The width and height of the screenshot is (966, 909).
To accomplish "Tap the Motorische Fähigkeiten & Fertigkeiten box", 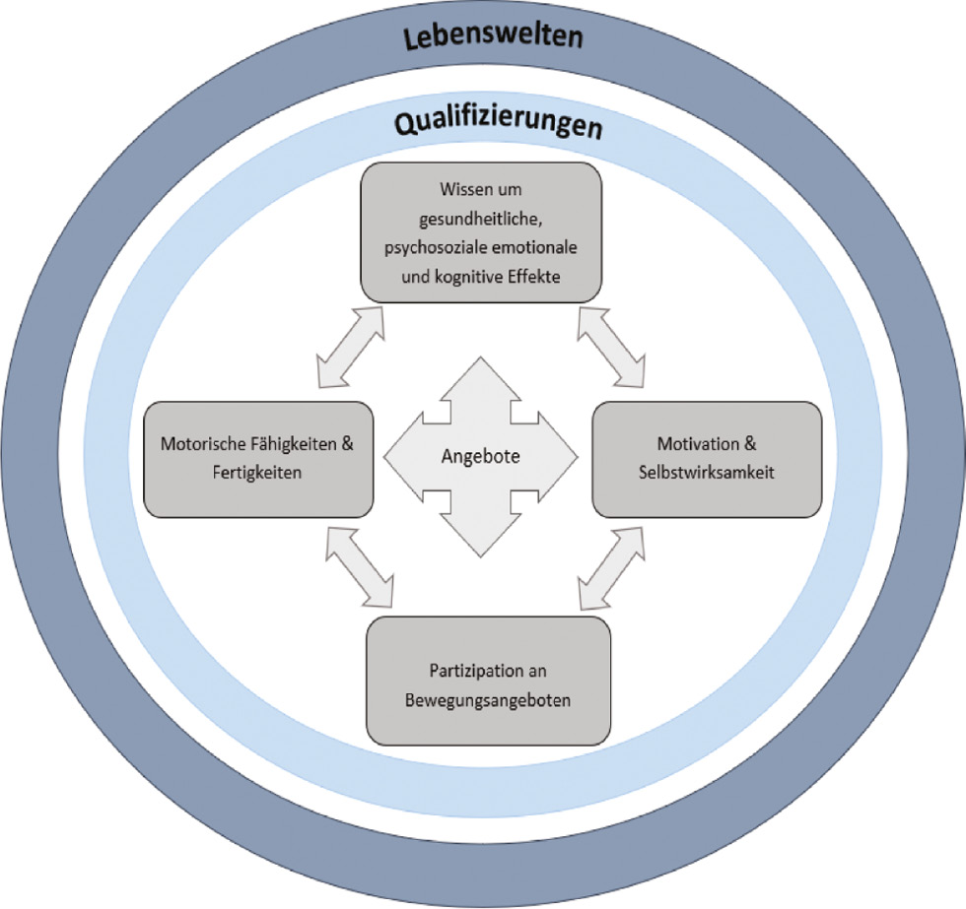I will [x=257, y=459].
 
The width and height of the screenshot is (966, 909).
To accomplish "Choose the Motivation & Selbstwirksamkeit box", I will [x=706, y=459].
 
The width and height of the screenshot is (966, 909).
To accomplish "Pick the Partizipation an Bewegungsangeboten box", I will [x=488, y=680].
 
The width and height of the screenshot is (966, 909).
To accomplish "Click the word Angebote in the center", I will [x=481, y=456].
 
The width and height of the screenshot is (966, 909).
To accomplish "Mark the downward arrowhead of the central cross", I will [x=480, y=537].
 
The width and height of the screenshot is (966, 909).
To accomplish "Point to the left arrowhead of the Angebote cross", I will [x=399, y=456].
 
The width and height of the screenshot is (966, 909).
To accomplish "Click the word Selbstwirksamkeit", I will [x=706, y=473].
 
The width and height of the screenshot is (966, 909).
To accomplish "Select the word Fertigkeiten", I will [x=256, y=473].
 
